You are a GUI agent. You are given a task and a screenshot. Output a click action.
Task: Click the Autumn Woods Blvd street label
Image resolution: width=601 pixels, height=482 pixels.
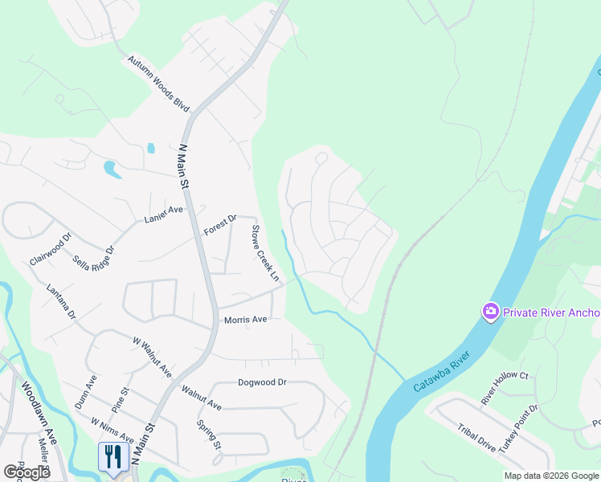(x=158, y=84)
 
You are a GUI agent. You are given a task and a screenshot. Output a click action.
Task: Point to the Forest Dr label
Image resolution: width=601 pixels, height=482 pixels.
(x=220, y=224)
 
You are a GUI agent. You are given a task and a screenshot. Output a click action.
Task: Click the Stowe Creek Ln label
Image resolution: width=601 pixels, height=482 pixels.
(x=265, y=253)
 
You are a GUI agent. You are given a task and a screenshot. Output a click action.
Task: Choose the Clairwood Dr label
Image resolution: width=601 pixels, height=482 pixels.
(x=51, y=249)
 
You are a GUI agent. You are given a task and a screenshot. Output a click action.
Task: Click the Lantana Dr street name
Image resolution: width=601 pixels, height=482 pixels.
(x=60, y=301)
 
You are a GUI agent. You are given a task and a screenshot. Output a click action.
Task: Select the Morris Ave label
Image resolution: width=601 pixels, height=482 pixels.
(x=245, y=319)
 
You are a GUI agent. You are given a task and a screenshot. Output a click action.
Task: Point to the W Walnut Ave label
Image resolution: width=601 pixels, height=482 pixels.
(x=152, y=357)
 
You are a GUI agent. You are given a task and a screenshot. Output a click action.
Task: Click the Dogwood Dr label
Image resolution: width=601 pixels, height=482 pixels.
(x=262, y=382)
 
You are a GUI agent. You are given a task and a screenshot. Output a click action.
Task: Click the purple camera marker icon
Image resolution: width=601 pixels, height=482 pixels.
(x=489, y=312)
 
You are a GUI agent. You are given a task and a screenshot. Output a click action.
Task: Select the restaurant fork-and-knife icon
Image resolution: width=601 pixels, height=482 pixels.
(x=112, y=456)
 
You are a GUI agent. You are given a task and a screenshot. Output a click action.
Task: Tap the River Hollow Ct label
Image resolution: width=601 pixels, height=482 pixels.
(x=504, y=387)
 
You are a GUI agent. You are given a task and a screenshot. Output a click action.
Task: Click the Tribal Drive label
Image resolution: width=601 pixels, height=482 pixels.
(x=476, y=439)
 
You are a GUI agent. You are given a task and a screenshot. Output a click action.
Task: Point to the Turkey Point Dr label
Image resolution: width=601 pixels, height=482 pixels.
(x=517, y=430)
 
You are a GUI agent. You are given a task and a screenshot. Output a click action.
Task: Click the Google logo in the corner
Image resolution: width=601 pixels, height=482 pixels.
(x=26, y=472)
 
